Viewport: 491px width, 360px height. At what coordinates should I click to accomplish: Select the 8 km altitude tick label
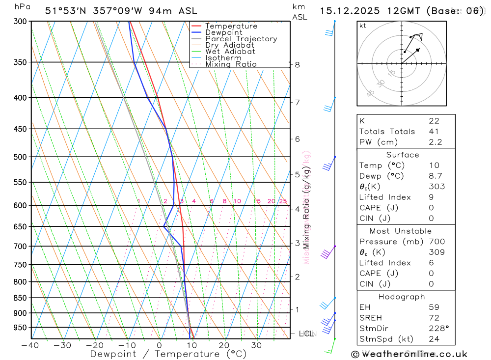297,64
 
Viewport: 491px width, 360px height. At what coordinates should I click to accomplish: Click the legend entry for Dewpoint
223,32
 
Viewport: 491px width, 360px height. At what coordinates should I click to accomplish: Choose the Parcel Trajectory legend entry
241,39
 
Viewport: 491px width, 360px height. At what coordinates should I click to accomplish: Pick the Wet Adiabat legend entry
230,52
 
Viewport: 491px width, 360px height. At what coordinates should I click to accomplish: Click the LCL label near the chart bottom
306,334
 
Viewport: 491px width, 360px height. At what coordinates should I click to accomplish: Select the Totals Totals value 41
434,132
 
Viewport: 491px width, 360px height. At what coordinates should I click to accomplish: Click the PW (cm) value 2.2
435,142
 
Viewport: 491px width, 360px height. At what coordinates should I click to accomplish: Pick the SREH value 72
434,317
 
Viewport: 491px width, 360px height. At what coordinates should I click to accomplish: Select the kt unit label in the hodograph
363,26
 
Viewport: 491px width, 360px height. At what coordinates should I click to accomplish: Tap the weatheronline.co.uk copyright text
409,354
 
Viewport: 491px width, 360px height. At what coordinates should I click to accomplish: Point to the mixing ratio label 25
283,201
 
